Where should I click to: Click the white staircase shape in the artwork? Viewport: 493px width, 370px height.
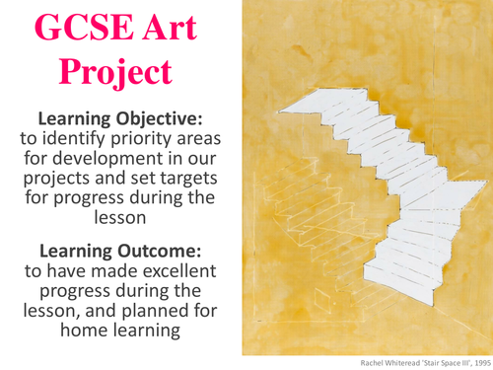coord(385,197)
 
